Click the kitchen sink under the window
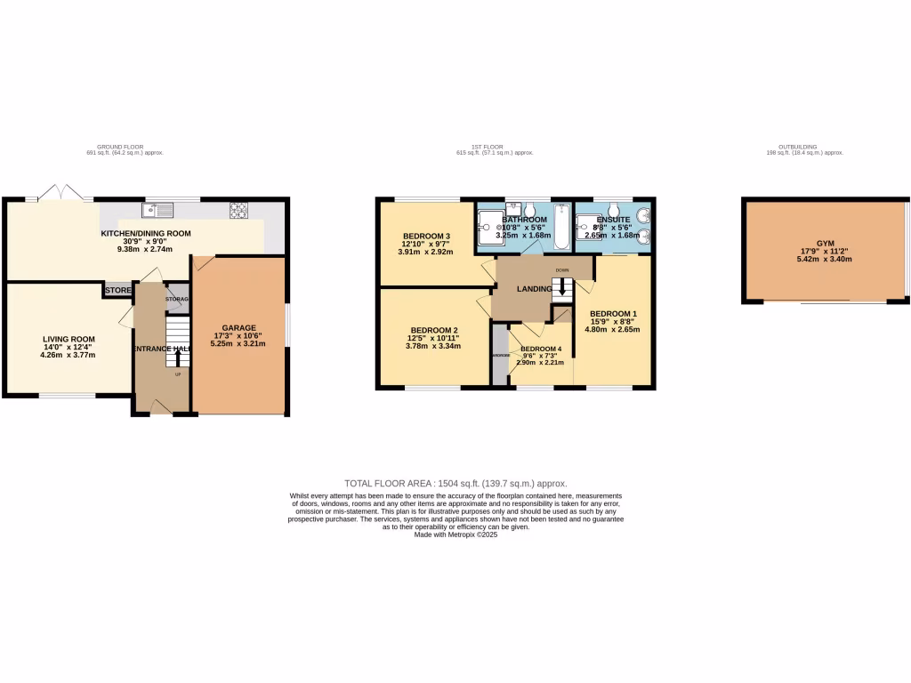tap(162, 211)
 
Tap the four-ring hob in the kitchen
tap(239, 210)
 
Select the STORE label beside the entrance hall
tap(117, 290)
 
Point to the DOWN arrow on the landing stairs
tap(561, 289)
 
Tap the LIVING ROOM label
tap(69, 338)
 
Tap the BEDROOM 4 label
tap(541, 349)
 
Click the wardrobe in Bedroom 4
tap(499, 355)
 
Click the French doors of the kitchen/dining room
tap(59, 192)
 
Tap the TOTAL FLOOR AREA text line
tap(455, 483)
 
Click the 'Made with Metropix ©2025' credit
tap(455, 534)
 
